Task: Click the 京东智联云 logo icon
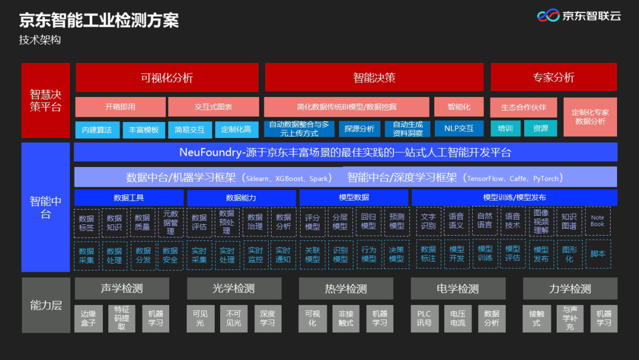[x=548, y=15]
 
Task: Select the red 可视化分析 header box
[x=167, y=78]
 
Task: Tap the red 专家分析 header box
[x=553, y=77]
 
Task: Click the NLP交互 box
[x=459, y=128]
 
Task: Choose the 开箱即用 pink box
[x=120, y=107]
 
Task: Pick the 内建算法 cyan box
[x=97, y=130]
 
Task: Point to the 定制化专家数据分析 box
[x=590, y=117]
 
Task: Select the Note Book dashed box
[x=598, y=221]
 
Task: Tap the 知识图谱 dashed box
[x=569, y=221]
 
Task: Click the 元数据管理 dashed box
[x=170, y=222]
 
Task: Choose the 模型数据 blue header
[x=354, y=197]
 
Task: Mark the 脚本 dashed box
[x=598, y=254]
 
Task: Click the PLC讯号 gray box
[x=424, y=319]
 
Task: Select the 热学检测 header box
[x=346, y=289]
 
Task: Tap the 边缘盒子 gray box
[x=88, y=319]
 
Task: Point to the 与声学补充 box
[x=570, y=319]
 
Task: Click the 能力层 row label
[x=46, y=306]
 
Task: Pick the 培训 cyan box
[x=505, y=128]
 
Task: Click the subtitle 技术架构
[x=40, y=40]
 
